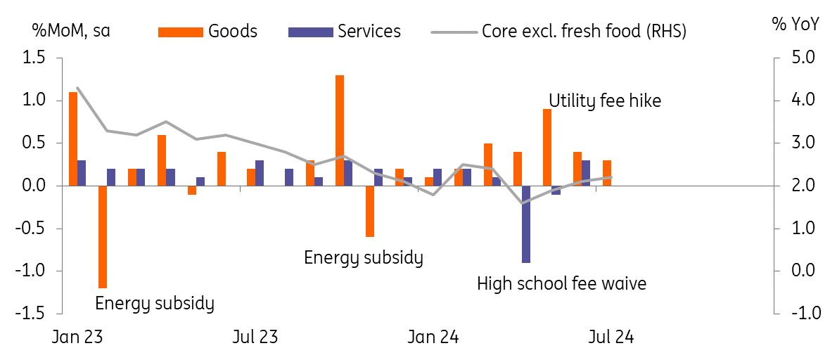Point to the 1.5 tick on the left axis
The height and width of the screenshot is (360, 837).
pyautogui.click(x=33, y=58)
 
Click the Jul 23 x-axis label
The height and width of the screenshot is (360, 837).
pyautogui.click(x=255, y=337)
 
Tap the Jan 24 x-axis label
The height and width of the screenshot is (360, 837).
pyautogui.click(x=433, y=337)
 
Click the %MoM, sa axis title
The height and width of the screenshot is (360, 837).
pyautogui.click(x=70, y=31)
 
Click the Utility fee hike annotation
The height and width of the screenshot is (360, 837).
pyautogui.click(x=605, y=101)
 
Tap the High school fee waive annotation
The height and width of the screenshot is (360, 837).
pyautogui.click(x=561, y=283)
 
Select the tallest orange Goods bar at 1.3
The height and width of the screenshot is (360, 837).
pyautogui.click(x=340, y=130)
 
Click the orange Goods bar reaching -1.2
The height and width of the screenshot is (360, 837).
pyautogui.click(x=103, y=237)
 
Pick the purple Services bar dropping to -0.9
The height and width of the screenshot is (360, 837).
pyautogui.click(x=526, y=224)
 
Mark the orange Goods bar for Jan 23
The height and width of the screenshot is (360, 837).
pyautogui.click(x=73, y=139)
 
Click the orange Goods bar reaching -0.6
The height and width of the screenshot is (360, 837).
pyautogui.click(x=369, y=211)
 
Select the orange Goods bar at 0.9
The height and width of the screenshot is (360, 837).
pyautogui.click(x=547, y=147)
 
